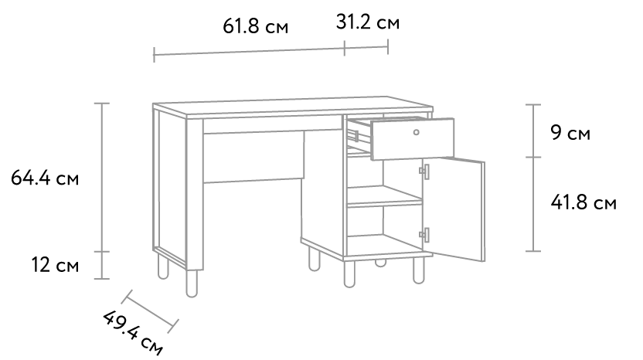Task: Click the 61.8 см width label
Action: (256, 26)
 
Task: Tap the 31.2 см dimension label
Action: (367, 22)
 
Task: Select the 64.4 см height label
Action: (45, 178)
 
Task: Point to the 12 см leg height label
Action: (55, 265)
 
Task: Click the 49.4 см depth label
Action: (132, 332)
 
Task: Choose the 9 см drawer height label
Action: (570, 132)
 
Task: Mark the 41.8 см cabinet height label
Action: (583, 202)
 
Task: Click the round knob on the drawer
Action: (417, 132)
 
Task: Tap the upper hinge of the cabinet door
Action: (424, 172)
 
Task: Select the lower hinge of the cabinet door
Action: (424, 235)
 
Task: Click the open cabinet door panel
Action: (454, 209)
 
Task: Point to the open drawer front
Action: (412, 138)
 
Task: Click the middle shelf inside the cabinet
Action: (385, 196)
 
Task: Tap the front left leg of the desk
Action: (192, 283)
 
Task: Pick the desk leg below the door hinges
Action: (419, 270)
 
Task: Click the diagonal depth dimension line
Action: (150, 311)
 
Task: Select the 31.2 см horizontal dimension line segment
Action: (366, 48)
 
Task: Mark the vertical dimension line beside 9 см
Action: (533, 131)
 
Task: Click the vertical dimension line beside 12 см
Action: (102, 265)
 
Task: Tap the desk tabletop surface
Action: (292, 104)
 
